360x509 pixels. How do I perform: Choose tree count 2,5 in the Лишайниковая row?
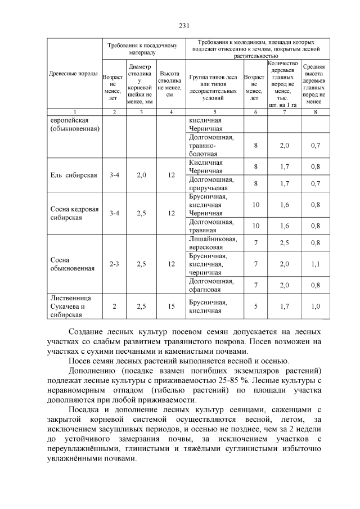(285, 243)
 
